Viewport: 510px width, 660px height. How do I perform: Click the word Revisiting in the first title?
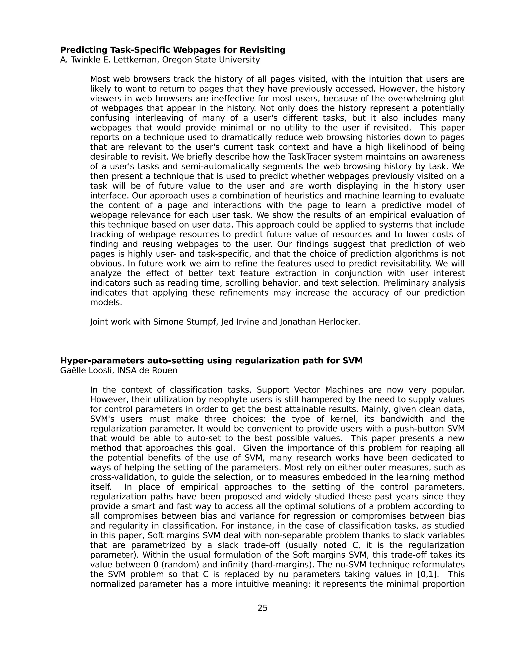pyautogui.click(x=262, y=50)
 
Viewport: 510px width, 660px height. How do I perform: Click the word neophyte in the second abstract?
pyautogui.click(x=213, y=399)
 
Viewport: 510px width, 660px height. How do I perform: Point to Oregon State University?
pyautogui.click(x=211, y=60)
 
